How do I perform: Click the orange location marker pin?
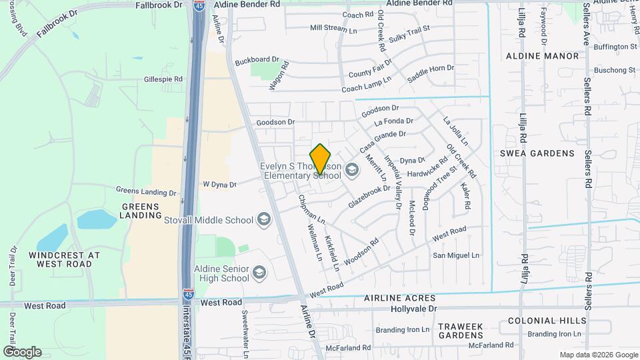click(x=321, y=159)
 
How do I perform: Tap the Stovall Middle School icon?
click(x=264, y=220)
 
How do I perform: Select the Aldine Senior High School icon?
click(x=259, y=272)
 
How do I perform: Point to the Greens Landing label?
click(x=140, y=211)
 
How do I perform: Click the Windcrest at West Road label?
click(x=65, y=259)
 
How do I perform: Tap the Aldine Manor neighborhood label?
click(x=543, y=56)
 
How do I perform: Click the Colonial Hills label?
click(x=541, y=321)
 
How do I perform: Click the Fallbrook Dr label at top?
click(x=159, y=5)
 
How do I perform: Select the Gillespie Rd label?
click(x=163, y=79)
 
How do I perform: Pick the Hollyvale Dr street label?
click(x=413, y=309)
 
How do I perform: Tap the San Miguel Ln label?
click(x=457, y=255)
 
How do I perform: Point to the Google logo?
click(x=22, y=352)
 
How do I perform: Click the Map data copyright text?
click(x=597, y=355)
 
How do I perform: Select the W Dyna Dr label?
click(x=219, y=184)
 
